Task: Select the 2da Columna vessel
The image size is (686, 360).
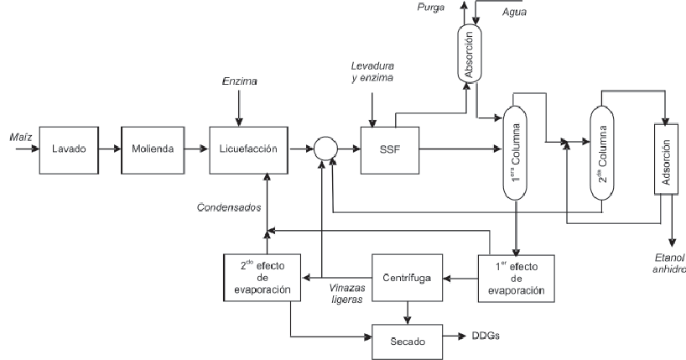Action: coord(602,151)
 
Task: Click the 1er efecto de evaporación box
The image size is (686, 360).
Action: coord(519,276)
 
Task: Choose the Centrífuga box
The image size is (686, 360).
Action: coord(407,276)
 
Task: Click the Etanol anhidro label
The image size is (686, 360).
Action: coord(668,263)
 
